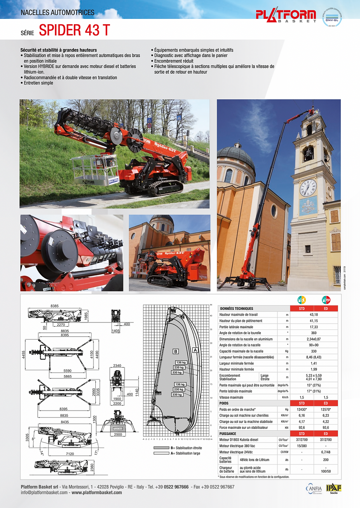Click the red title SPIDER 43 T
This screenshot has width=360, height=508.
point(74,30)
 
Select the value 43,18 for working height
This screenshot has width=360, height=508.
point(313,314)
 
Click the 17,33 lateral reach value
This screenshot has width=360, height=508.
point(313,327)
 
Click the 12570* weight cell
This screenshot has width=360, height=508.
point(325,409)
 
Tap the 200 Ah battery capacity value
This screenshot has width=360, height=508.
point(325,460)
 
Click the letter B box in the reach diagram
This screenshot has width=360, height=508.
point(176,351)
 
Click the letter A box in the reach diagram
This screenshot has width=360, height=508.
point(195,350)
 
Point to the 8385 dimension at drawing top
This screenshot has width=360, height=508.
point(55,306)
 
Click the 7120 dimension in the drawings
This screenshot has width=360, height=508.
point(70,454)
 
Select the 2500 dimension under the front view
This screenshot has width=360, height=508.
point(118,434)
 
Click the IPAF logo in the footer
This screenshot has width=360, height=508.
point(333,488)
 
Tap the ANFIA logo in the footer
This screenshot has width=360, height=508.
point(314,489)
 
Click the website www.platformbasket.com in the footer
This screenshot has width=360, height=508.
point(97,493)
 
